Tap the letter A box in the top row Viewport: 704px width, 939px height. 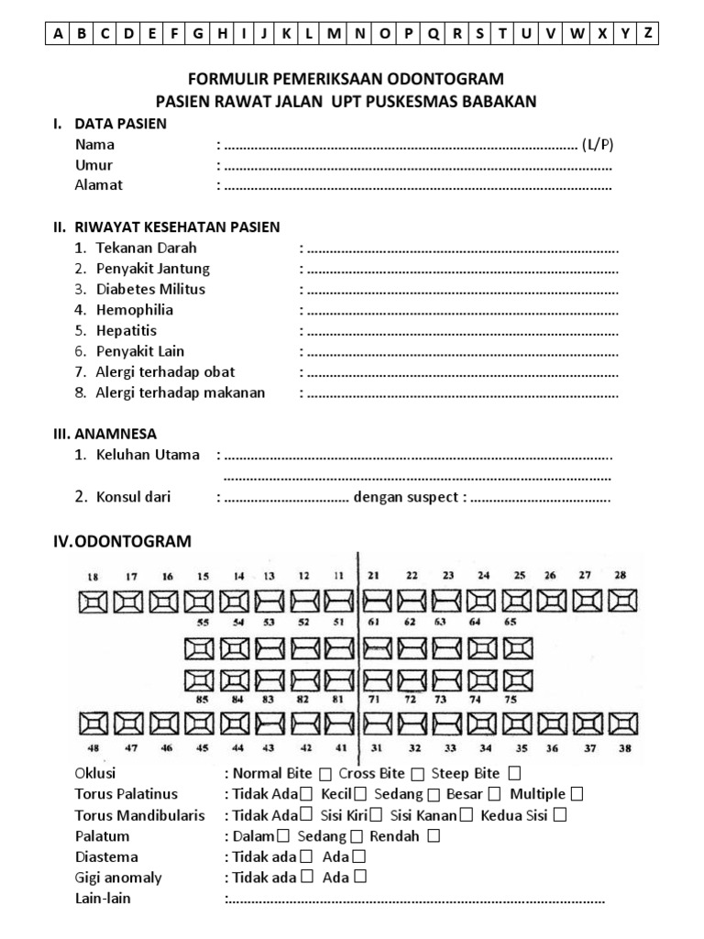tap(58, 35)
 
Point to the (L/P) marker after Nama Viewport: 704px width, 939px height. tap(598, 145)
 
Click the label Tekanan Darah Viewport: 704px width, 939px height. tap(146, 248)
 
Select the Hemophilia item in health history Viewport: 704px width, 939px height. tap(134, 310)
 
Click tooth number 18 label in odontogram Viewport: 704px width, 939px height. tap(92, 576)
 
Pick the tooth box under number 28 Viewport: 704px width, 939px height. tap(621, 601)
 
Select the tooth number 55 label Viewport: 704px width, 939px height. tap(202, 621)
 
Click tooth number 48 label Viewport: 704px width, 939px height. tap(92, 748)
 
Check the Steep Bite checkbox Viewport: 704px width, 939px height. tap(515, 774)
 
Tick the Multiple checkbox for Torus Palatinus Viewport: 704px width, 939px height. tap(577, 794)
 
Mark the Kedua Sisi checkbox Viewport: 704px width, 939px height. tap(559, 814)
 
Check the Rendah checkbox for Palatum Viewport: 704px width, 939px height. tap(434, 835)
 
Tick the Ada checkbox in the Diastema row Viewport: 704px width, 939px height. tap(358, 856)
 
